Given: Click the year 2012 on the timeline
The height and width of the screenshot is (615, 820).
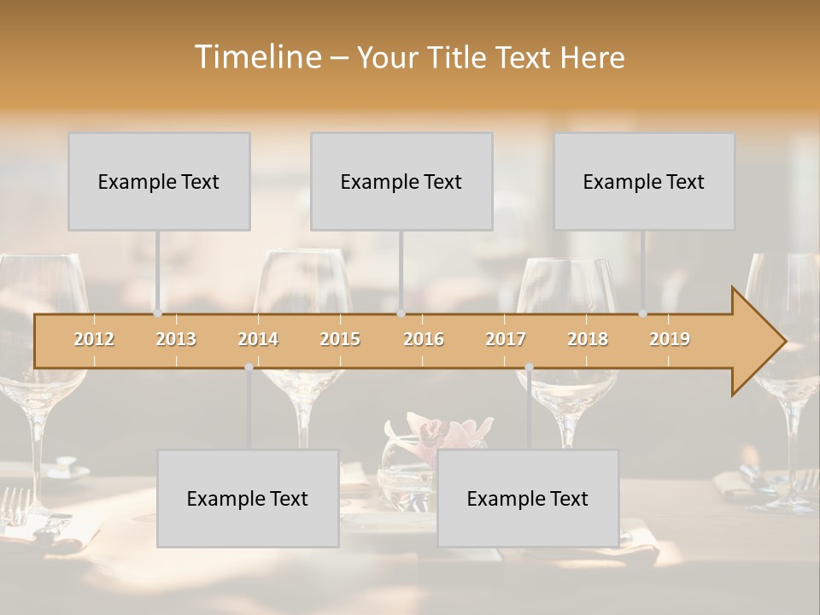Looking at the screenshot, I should click(94, 339).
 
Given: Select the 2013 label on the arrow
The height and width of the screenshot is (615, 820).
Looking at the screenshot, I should click(176, 339).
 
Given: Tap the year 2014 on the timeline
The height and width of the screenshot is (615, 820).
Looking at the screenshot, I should click(258, 339).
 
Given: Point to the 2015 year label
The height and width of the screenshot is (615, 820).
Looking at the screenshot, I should click(340, 339).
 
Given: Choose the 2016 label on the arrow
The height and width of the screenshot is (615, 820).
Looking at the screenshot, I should click(424, 339).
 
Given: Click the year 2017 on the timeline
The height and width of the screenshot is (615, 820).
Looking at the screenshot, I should click(506, 339).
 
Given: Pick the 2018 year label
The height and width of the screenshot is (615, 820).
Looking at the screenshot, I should click(588, 339).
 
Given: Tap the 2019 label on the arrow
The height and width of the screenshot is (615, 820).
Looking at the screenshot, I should click(670, 339).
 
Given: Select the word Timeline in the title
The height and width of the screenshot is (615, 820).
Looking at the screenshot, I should click(256, 57).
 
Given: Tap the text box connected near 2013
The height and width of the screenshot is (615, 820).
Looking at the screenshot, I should click(159, 181).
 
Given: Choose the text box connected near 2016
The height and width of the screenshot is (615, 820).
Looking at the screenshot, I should click(401, 181).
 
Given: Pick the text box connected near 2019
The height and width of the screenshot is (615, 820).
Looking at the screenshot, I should click(644, 181).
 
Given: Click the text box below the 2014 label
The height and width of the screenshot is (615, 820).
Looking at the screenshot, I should click(248, 498).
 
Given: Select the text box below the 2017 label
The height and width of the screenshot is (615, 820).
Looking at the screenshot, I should click(528, 498).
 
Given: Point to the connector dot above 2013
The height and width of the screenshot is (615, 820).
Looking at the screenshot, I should click(157, 313).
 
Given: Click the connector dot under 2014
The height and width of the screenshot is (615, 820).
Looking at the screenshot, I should click(249, 366).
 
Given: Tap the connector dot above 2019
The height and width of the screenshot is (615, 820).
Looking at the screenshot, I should click(643, 313).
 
